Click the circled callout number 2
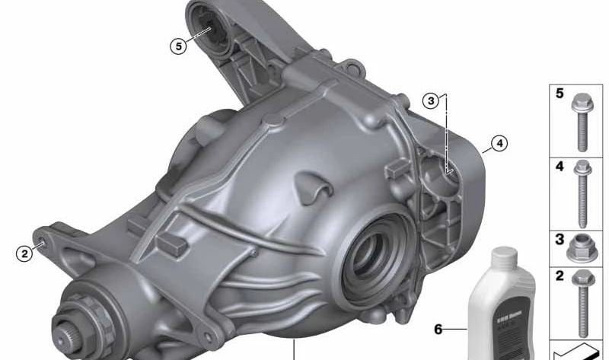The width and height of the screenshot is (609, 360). pos(25,253)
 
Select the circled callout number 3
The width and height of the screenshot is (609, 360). pos(432,100)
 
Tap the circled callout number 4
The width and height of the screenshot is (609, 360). pos(499,142)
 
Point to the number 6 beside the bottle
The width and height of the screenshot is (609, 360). pos(438,330)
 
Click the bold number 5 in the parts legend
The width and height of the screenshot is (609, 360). pos(560,94)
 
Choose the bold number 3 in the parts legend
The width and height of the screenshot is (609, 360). pos(560,240)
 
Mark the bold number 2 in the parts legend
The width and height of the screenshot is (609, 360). pos(560,276)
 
